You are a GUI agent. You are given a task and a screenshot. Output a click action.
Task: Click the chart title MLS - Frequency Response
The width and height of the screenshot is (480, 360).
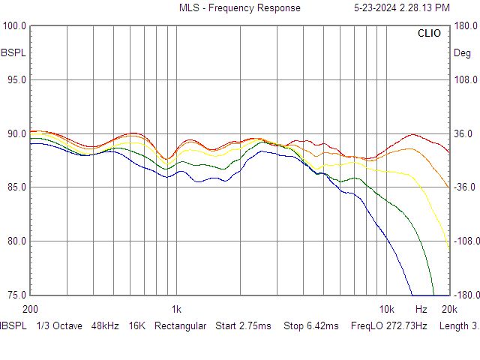coord(239,8)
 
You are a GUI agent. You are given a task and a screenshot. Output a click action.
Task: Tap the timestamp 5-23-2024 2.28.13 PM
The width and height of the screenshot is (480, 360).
coord(401,8)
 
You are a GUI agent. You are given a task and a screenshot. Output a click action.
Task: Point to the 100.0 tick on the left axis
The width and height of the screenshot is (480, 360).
coord(15,26)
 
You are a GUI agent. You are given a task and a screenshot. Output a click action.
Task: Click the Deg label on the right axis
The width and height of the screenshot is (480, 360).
coord(462,53)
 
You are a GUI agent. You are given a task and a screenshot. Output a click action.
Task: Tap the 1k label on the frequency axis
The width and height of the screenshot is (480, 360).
coord(176,309)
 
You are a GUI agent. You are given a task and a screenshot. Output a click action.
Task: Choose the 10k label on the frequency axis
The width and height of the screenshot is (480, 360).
coord(386,309)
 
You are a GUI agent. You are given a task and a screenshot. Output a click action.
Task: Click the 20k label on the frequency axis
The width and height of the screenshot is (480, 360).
coord(448,309)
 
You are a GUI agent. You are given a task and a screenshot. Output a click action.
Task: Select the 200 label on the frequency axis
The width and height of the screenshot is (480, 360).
coord(31,309)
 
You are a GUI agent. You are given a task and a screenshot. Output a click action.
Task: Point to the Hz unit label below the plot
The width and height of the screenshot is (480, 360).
coord(421,309)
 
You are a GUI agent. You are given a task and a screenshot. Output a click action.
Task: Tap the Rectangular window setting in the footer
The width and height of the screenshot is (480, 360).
coord(180,326)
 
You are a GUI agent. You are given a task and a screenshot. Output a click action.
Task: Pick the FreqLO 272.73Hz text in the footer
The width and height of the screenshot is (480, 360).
coord(389,326)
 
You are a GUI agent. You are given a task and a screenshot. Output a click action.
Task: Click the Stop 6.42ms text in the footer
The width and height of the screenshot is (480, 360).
coord(310,326)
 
